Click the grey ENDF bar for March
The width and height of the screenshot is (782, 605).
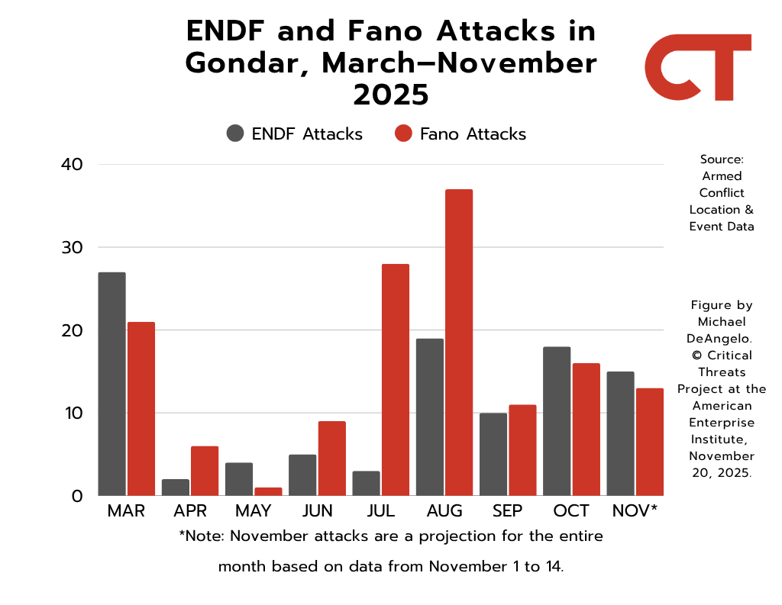coord(111,384)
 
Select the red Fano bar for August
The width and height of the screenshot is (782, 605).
coord(459,343)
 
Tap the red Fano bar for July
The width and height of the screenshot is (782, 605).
coord(395,380)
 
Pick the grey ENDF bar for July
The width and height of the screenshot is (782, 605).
coord(366,483)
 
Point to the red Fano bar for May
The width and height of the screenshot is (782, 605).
coord(268,491)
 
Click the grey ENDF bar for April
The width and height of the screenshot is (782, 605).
coord(176,487)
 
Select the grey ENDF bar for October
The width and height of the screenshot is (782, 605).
coord(557,421)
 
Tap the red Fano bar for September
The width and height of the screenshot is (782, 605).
coord(522,450)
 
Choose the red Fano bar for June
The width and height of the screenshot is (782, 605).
coord(331,458)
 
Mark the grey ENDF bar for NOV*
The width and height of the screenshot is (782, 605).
coord(620,433)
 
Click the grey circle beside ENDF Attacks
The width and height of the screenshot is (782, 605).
coord(235,134)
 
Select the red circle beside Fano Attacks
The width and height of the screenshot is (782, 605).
coord(403,134)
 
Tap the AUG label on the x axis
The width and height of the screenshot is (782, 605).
coord(444,511)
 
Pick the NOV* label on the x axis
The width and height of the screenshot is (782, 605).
coord(635,511)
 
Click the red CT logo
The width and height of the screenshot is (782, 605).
coord(697,67)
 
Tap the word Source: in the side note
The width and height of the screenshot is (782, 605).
coord(722,159)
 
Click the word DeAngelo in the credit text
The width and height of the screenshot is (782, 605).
coord(722,338)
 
